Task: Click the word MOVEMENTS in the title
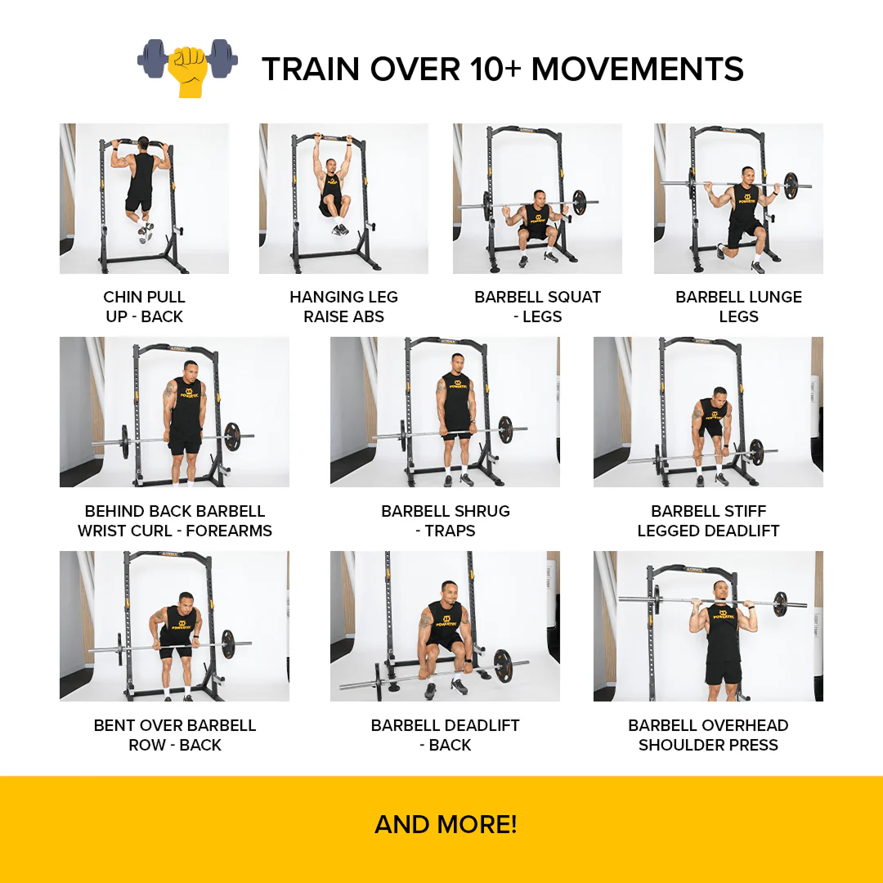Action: [x=638, y=69]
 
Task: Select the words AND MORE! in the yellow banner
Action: [x=446, y=824]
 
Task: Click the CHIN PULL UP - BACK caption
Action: [x=144, y=307]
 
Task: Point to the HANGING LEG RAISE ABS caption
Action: [x=343, y=307]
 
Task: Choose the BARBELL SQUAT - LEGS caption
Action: [x=538, y=307]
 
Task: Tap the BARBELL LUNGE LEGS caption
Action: [x=739, y=307]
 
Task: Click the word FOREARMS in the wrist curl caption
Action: [x=229, y=531]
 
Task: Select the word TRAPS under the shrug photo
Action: [x=450, y=531]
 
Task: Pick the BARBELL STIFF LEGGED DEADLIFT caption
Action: [x=708, y=521]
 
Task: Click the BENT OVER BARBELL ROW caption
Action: [x=175, y=735]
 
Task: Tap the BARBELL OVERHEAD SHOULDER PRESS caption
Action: [x=708, y=735]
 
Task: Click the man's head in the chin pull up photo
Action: [x=143, y=143]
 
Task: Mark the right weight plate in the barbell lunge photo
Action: [x=791, y=186]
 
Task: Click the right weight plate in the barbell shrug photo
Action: [x=505, y=430]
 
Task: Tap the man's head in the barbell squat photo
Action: [x=539, y=197]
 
